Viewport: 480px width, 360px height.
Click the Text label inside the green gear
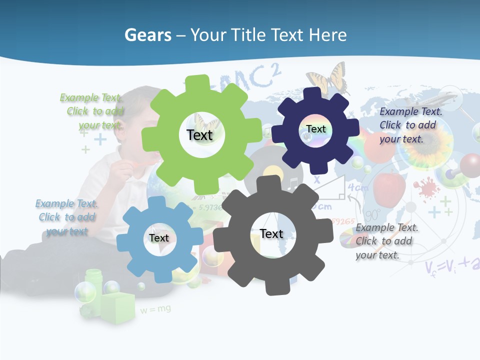point(199,135)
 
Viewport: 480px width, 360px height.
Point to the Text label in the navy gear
point(316,129)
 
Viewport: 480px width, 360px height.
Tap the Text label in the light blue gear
point(159,238)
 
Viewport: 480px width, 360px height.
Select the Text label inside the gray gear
point(271,233)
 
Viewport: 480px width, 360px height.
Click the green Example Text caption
point(91,111)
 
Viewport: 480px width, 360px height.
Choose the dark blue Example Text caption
point(410,125)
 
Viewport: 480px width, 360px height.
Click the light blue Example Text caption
point(66,217)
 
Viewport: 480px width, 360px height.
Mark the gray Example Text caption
point(386,241)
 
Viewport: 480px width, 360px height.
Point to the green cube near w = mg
point(118,304)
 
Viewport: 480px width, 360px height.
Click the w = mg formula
point(155,309)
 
